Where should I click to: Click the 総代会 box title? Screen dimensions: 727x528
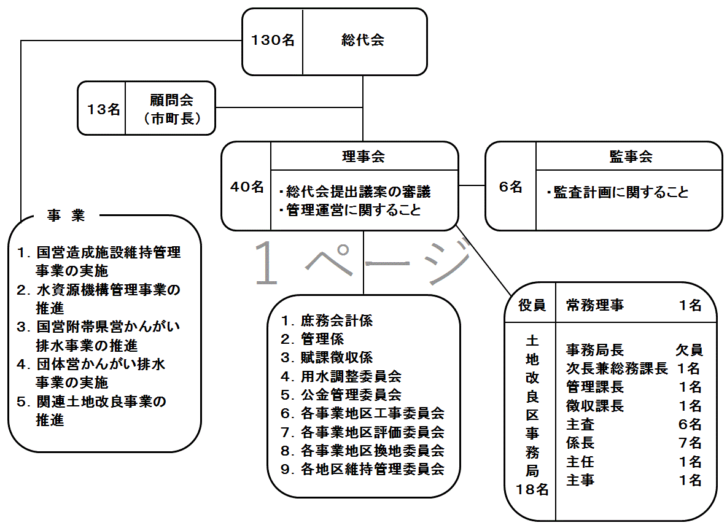(x=362, y=41)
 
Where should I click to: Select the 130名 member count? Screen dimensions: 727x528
(x=273, y=41)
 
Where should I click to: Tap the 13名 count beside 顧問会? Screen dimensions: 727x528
(x=104, y=109)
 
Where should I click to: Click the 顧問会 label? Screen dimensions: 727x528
(x=171, y=100)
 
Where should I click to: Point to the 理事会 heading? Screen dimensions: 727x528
(x=363, y=157)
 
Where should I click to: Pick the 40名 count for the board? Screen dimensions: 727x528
(x=247, y=187)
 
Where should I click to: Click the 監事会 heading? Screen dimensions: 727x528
(x=631, y=157)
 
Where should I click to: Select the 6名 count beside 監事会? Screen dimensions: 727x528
(x=510, y=187)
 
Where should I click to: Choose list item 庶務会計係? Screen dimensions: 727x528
(x=336, y=320)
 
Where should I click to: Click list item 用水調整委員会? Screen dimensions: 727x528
(x=351, y=376)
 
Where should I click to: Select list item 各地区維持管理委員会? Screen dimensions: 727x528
(x=373, y=469)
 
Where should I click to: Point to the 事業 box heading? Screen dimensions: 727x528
(x=66, y=215)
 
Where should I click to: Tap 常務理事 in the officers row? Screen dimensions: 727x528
(x=595, y=305)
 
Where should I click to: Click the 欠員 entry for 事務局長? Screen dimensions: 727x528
(x=689, y=350)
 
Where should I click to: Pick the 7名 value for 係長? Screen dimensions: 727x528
(x=690, y=443)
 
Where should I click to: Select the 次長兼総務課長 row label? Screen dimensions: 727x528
(x=616, y=368)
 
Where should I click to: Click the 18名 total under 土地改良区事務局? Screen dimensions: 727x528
(x=532, y=489)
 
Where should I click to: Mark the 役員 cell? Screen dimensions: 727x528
(x=532, y=305)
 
